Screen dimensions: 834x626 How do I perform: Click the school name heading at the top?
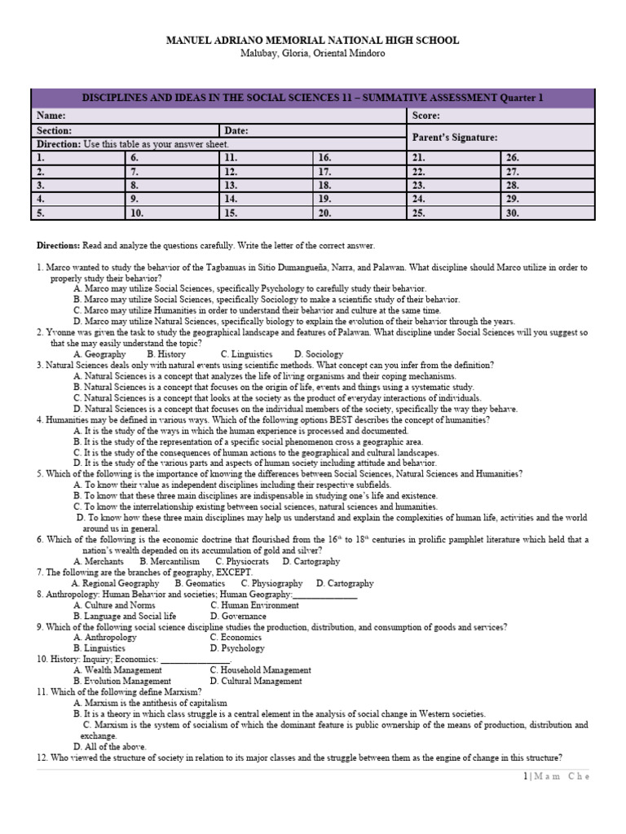[312, 40]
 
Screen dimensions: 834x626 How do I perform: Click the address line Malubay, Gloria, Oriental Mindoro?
[312, 54]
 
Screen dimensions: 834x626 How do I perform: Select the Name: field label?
[51, 116]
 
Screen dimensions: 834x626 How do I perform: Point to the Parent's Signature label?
[455, 138]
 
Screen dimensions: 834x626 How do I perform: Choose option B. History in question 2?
[166, 354]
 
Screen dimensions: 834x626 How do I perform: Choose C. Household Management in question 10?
[260, 670]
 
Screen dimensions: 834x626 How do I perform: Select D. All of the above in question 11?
[112, 745]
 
